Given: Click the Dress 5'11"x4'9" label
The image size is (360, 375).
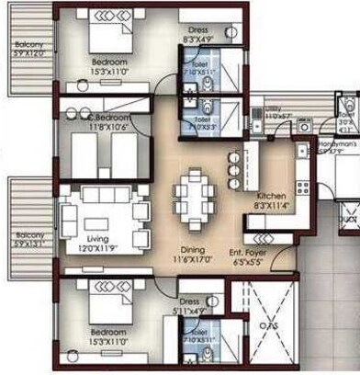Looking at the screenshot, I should [x=189, y=305].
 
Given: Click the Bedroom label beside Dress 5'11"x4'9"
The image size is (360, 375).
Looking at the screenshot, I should [x=108, y=333].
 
